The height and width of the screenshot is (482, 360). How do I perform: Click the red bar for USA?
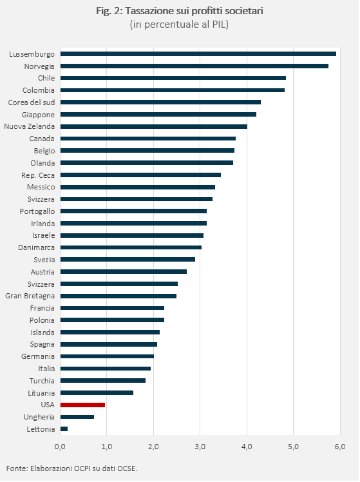[82, 405]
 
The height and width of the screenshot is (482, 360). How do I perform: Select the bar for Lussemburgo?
[198, 53]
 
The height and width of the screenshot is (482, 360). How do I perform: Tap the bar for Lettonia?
[64, 429]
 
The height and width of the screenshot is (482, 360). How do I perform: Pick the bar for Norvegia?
[194, 66]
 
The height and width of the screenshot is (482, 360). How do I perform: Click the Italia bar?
[106, 369]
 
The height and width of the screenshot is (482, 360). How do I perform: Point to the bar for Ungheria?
[77, 417]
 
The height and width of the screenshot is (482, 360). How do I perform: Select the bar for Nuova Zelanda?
[153, 126]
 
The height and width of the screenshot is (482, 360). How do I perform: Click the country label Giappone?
[38, 115]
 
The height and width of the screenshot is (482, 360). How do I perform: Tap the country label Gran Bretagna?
[30, 296]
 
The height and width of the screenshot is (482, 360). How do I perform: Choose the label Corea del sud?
[32, 102]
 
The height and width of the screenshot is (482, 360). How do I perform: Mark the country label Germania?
[38, 356]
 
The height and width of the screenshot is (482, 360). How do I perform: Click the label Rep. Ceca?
[38, 175]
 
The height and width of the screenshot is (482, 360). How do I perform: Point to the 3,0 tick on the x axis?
[200, 447]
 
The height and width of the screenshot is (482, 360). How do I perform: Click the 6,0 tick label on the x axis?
[340, 447]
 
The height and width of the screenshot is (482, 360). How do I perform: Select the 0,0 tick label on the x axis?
[60, 447]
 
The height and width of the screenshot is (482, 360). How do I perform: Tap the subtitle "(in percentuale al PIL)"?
[180, 24]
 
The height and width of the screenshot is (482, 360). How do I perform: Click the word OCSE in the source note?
[128, 468]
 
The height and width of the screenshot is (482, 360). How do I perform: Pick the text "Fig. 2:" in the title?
[109, 12]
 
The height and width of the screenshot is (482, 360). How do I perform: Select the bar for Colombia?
[173, 90]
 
